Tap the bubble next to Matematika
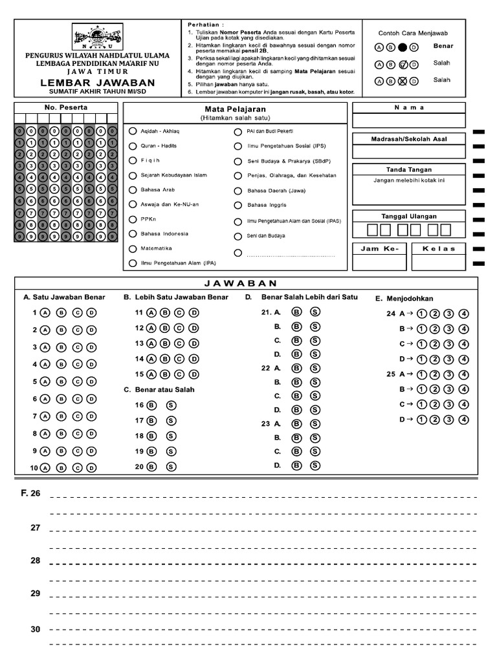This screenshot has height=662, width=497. pyautogui.click(x=133, y=248)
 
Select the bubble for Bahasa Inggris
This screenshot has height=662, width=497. pyautogui.click(x=238, y=206)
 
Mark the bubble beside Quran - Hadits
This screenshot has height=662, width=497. pyautogui.click(x=133, y=145)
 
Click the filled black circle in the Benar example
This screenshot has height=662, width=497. pyautogui.click(x=403, y=47)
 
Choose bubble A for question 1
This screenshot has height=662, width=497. pyautogui.click(x=45, y=312)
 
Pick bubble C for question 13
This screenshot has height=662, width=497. pyautogui.click(x=180, y=343)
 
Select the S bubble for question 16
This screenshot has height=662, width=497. pyautogui.click(x=171, y=405)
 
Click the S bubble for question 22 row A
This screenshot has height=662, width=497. pyautogui.click(x=315, y=368)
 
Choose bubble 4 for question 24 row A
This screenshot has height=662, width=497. pyautogui.click(x=463, y=314)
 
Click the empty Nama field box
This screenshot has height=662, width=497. pyautogui.click(x=408, y=120)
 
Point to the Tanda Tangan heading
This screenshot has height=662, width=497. pyautogui.click(x=408, y=169)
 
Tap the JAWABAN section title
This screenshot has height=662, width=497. pyautogui.click(x=245, y=283)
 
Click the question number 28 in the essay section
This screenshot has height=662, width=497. pyautogui.click(x=35, y=561)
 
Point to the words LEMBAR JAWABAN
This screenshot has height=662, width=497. pyautogui.click(x=97, y=83)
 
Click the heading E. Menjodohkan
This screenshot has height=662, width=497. pyautogui.click(x=404, y=298)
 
